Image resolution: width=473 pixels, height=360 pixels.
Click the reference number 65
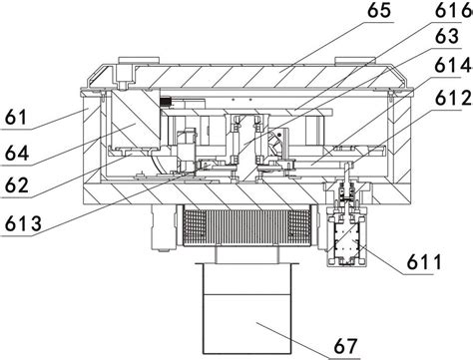379,11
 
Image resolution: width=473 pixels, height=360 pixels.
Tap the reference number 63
447,36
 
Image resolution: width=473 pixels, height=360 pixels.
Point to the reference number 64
17,153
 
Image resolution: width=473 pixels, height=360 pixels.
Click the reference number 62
17,185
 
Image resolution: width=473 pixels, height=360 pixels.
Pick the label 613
23,223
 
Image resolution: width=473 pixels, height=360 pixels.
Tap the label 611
424,262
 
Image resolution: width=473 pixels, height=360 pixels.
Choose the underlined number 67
345,346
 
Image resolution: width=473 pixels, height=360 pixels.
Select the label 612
454,98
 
